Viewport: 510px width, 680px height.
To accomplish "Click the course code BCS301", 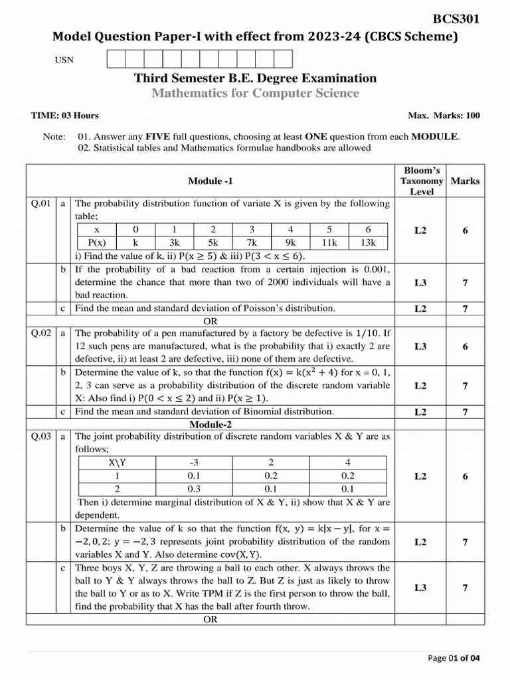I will pyautogui.click(x=456, y=19).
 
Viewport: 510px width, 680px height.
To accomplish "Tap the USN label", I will pyautogui.click(x=64, y=60).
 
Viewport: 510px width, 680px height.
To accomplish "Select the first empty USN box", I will pyautogui.click(x=116, y=59).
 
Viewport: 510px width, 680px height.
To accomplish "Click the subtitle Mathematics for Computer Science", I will pyautogui.click(x=255, y=94).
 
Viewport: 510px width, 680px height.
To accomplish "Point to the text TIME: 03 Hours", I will pyautogui.click(x=65, y=116).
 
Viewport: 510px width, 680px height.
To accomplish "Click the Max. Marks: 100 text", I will pyautogui.click(x=444, y=116).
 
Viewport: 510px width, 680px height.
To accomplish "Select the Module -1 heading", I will pyautogui.click(x=211, y=181).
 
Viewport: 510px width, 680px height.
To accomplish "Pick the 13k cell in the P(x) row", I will pyautogui.click(x=368, y=243).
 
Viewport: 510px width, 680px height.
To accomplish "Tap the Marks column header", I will pyautogui.click(x=465, y=181).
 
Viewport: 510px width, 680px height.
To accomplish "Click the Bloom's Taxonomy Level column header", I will pyautogui.click(x=422, y=181).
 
